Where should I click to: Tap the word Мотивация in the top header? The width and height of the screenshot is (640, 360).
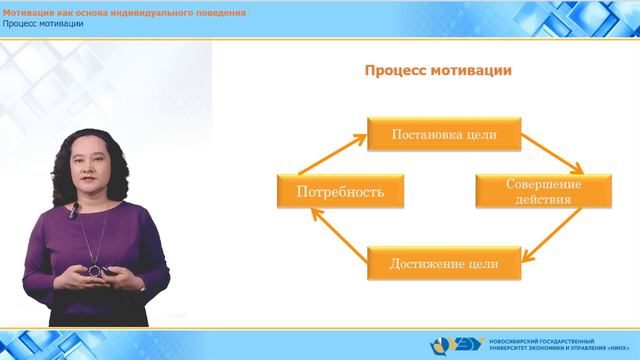click(x=29, y=11)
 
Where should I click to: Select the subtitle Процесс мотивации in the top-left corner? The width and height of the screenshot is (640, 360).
click(x=42, y=24)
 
